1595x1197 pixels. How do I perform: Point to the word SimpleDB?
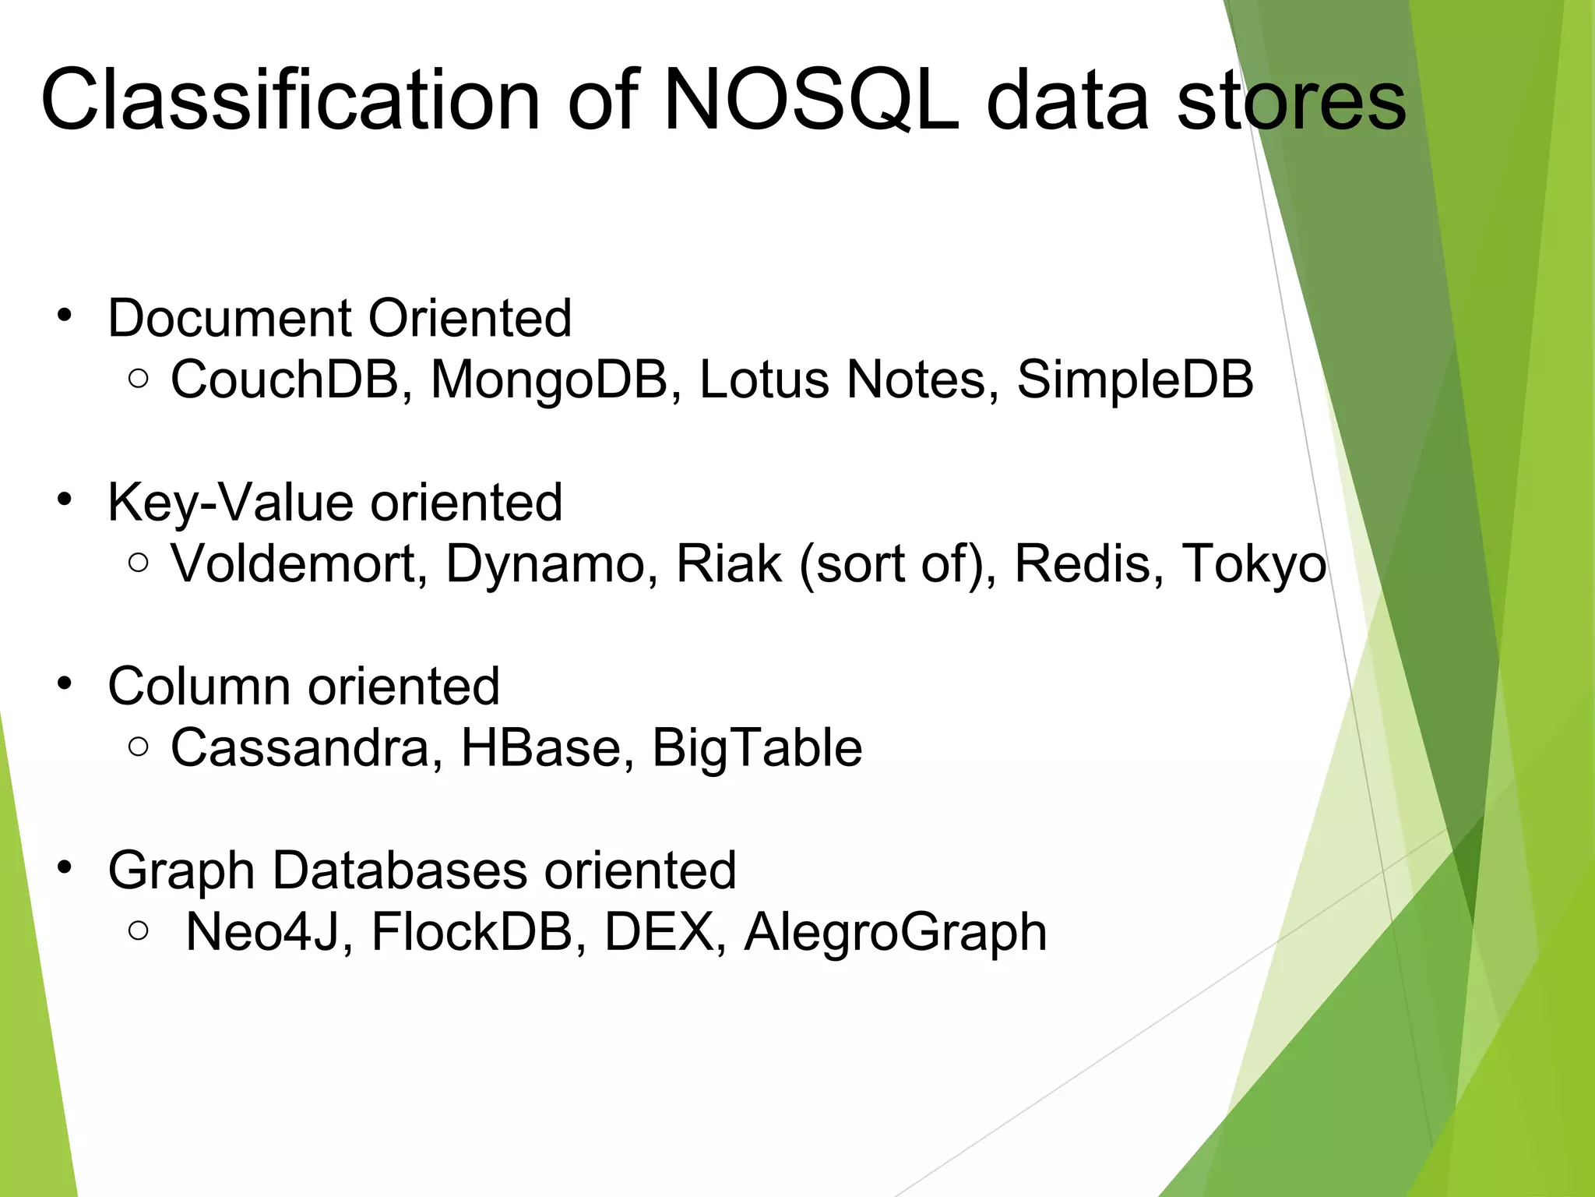(x=1135, y=380)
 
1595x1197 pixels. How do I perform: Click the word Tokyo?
(x=1254, y=563)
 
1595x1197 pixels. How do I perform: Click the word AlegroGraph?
(x=896, y=932)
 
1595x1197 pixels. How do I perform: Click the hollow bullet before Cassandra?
(x=139, y=747)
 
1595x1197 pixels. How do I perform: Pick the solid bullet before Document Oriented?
(x=65, y=316)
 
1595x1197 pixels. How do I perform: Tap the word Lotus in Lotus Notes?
(x=763, y=380)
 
